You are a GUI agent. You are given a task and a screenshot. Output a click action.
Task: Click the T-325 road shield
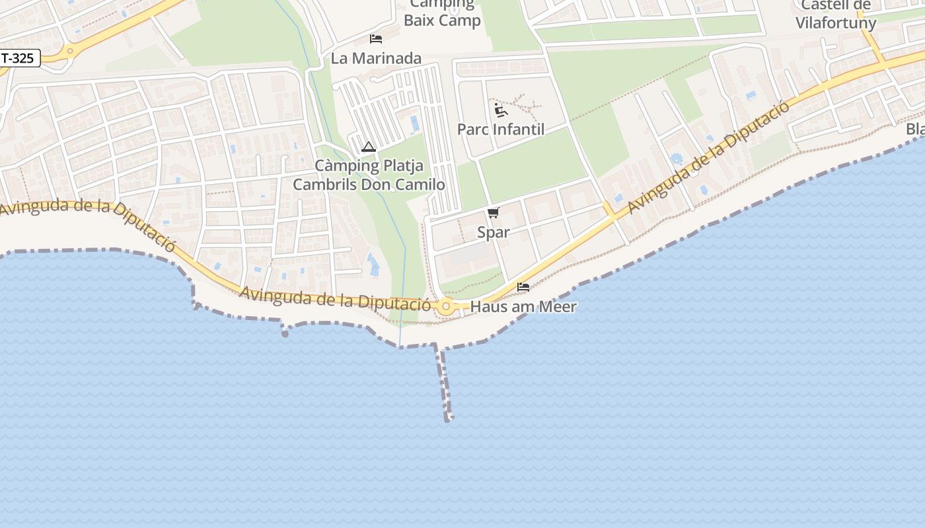click(18, 58)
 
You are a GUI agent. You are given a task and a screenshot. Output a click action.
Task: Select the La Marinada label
click(376, 58)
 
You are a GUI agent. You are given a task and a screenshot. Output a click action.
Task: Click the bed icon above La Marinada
click(376, 39)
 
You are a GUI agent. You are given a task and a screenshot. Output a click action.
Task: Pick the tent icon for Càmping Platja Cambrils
click(369, 147)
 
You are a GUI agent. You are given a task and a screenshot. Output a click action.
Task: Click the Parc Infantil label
click(501, 129)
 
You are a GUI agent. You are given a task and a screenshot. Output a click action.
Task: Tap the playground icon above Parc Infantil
click(500, 109)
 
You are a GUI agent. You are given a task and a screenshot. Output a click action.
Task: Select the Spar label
click(494, 232)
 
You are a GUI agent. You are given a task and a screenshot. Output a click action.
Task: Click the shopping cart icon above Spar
click(493, 213)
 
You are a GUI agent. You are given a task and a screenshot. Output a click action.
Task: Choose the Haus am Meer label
click(523, 307)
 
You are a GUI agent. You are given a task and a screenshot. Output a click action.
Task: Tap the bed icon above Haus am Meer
click(523, 287)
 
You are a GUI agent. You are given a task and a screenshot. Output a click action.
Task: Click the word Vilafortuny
click(836, 23)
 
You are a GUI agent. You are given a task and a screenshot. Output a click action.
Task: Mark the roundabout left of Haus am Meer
click(446, 306)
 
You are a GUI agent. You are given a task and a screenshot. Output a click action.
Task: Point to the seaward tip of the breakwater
click(449, 418)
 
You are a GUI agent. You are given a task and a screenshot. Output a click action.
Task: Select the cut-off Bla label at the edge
click(916, 129)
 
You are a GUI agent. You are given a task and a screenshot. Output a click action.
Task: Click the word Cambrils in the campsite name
click(325, 184)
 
